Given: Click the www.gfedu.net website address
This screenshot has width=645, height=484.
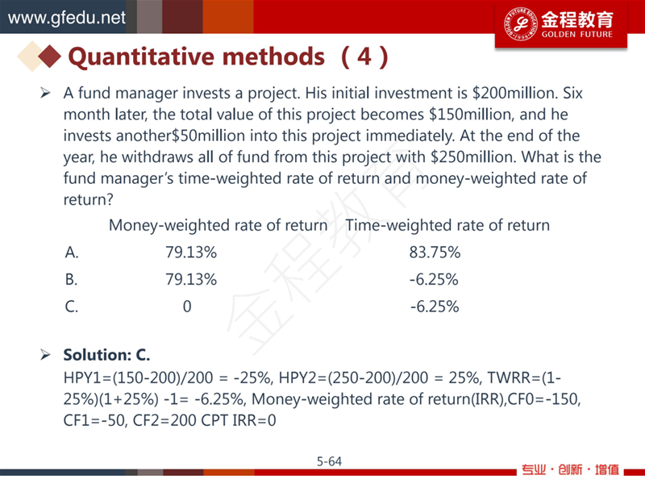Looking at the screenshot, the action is click(x=67, y=18).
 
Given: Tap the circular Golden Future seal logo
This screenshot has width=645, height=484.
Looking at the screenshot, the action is click(x=521, y=24).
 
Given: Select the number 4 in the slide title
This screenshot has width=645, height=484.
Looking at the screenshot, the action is click(x=364, y=56).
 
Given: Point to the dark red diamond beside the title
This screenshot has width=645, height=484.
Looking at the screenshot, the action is click(x=50, y=56).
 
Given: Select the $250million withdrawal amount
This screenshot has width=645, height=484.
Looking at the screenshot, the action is click(x=473, y=157).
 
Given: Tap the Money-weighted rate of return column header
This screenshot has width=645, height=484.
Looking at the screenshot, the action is click(x=218, y=226).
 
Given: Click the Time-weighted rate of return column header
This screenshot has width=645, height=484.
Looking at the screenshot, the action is click(x=447, y=226).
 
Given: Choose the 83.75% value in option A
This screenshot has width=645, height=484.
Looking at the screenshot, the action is click(x=435, y=252).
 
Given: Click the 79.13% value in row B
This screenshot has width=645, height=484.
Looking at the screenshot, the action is click(x=191, y=279).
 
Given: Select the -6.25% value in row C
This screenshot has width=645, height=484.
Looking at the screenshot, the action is click(x=435, y=307).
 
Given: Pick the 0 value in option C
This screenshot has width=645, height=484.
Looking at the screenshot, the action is click(x=187, y=307).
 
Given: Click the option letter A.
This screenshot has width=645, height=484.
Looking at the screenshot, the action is click(x=72, y=252).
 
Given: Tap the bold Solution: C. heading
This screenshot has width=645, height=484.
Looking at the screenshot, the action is click(x=106, y=355).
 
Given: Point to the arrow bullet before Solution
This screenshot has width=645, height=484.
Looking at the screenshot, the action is click(x=45, y=354).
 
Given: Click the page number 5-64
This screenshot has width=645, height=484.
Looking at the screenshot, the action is click(x=329, y=461).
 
